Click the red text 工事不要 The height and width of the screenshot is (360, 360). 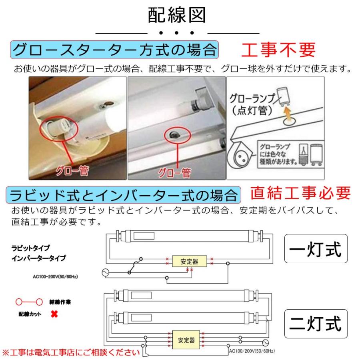[x=278, y=50]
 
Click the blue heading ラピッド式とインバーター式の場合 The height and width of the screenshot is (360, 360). [x=123, y=195]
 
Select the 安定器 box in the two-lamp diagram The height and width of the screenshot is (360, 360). [x=187, y=340]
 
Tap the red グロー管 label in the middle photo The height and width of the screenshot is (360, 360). [x=175, y=173]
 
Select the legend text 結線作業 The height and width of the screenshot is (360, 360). [x=60, y=302]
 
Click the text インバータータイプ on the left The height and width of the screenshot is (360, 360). [x=38, y=258]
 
